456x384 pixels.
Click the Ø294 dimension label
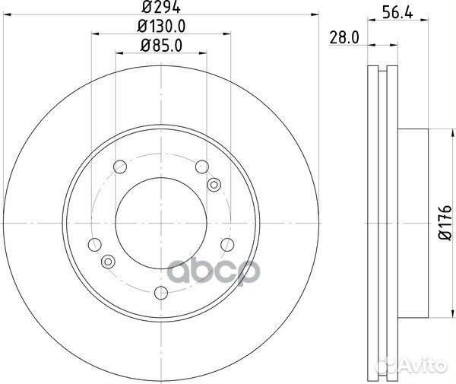point(161,7)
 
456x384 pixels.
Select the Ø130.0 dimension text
point(161,27)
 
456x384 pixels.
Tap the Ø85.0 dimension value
point(161,46)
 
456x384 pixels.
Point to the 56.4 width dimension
point(397,12)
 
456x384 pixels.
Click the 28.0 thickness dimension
point(344,38)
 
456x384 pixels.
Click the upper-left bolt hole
point(120,167)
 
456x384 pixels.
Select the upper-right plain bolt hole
point(202,167)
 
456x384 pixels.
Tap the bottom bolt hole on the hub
point(161,292)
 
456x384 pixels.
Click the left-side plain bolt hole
point(94,245)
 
